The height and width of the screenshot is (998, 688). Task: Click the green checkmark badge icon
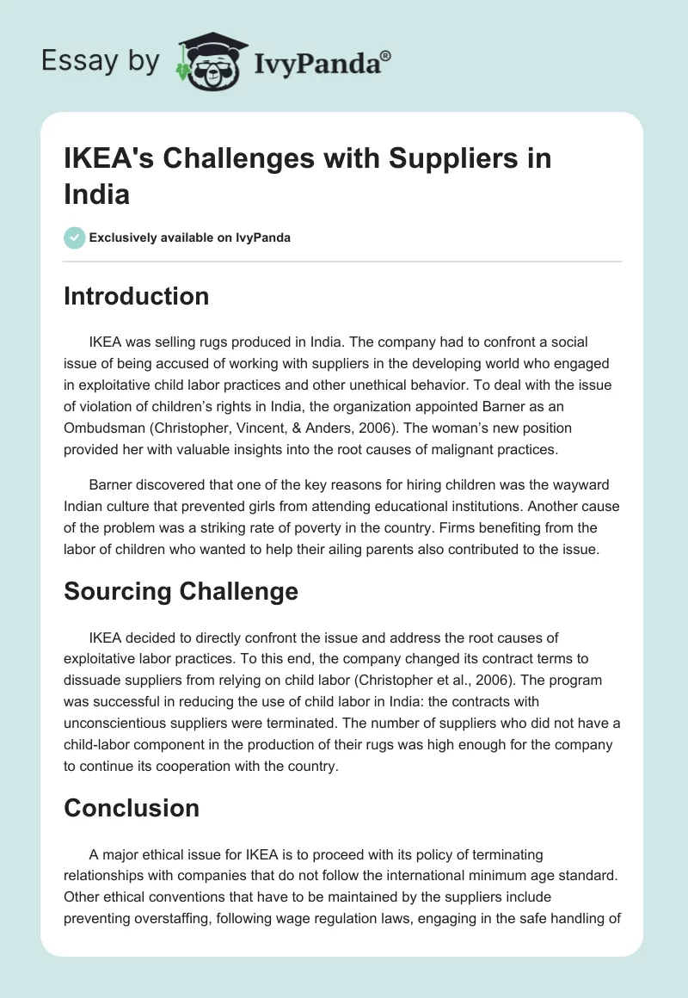[74, 237]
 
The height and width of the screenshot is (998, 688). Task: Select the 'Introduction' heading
[136, 296]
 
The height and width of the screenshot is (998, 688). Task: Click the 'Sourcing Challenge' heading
[181, 591]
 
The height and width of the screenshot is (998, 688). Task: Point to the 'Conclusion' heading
[131, 808]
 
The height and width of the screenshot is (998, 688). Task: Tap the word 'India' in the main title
[96, 194]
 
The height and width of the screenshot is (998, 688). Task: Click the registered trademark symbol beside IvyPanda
[385, 56]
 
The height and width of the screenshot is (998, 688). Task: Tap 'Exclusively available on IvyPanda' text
[190, 237]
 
